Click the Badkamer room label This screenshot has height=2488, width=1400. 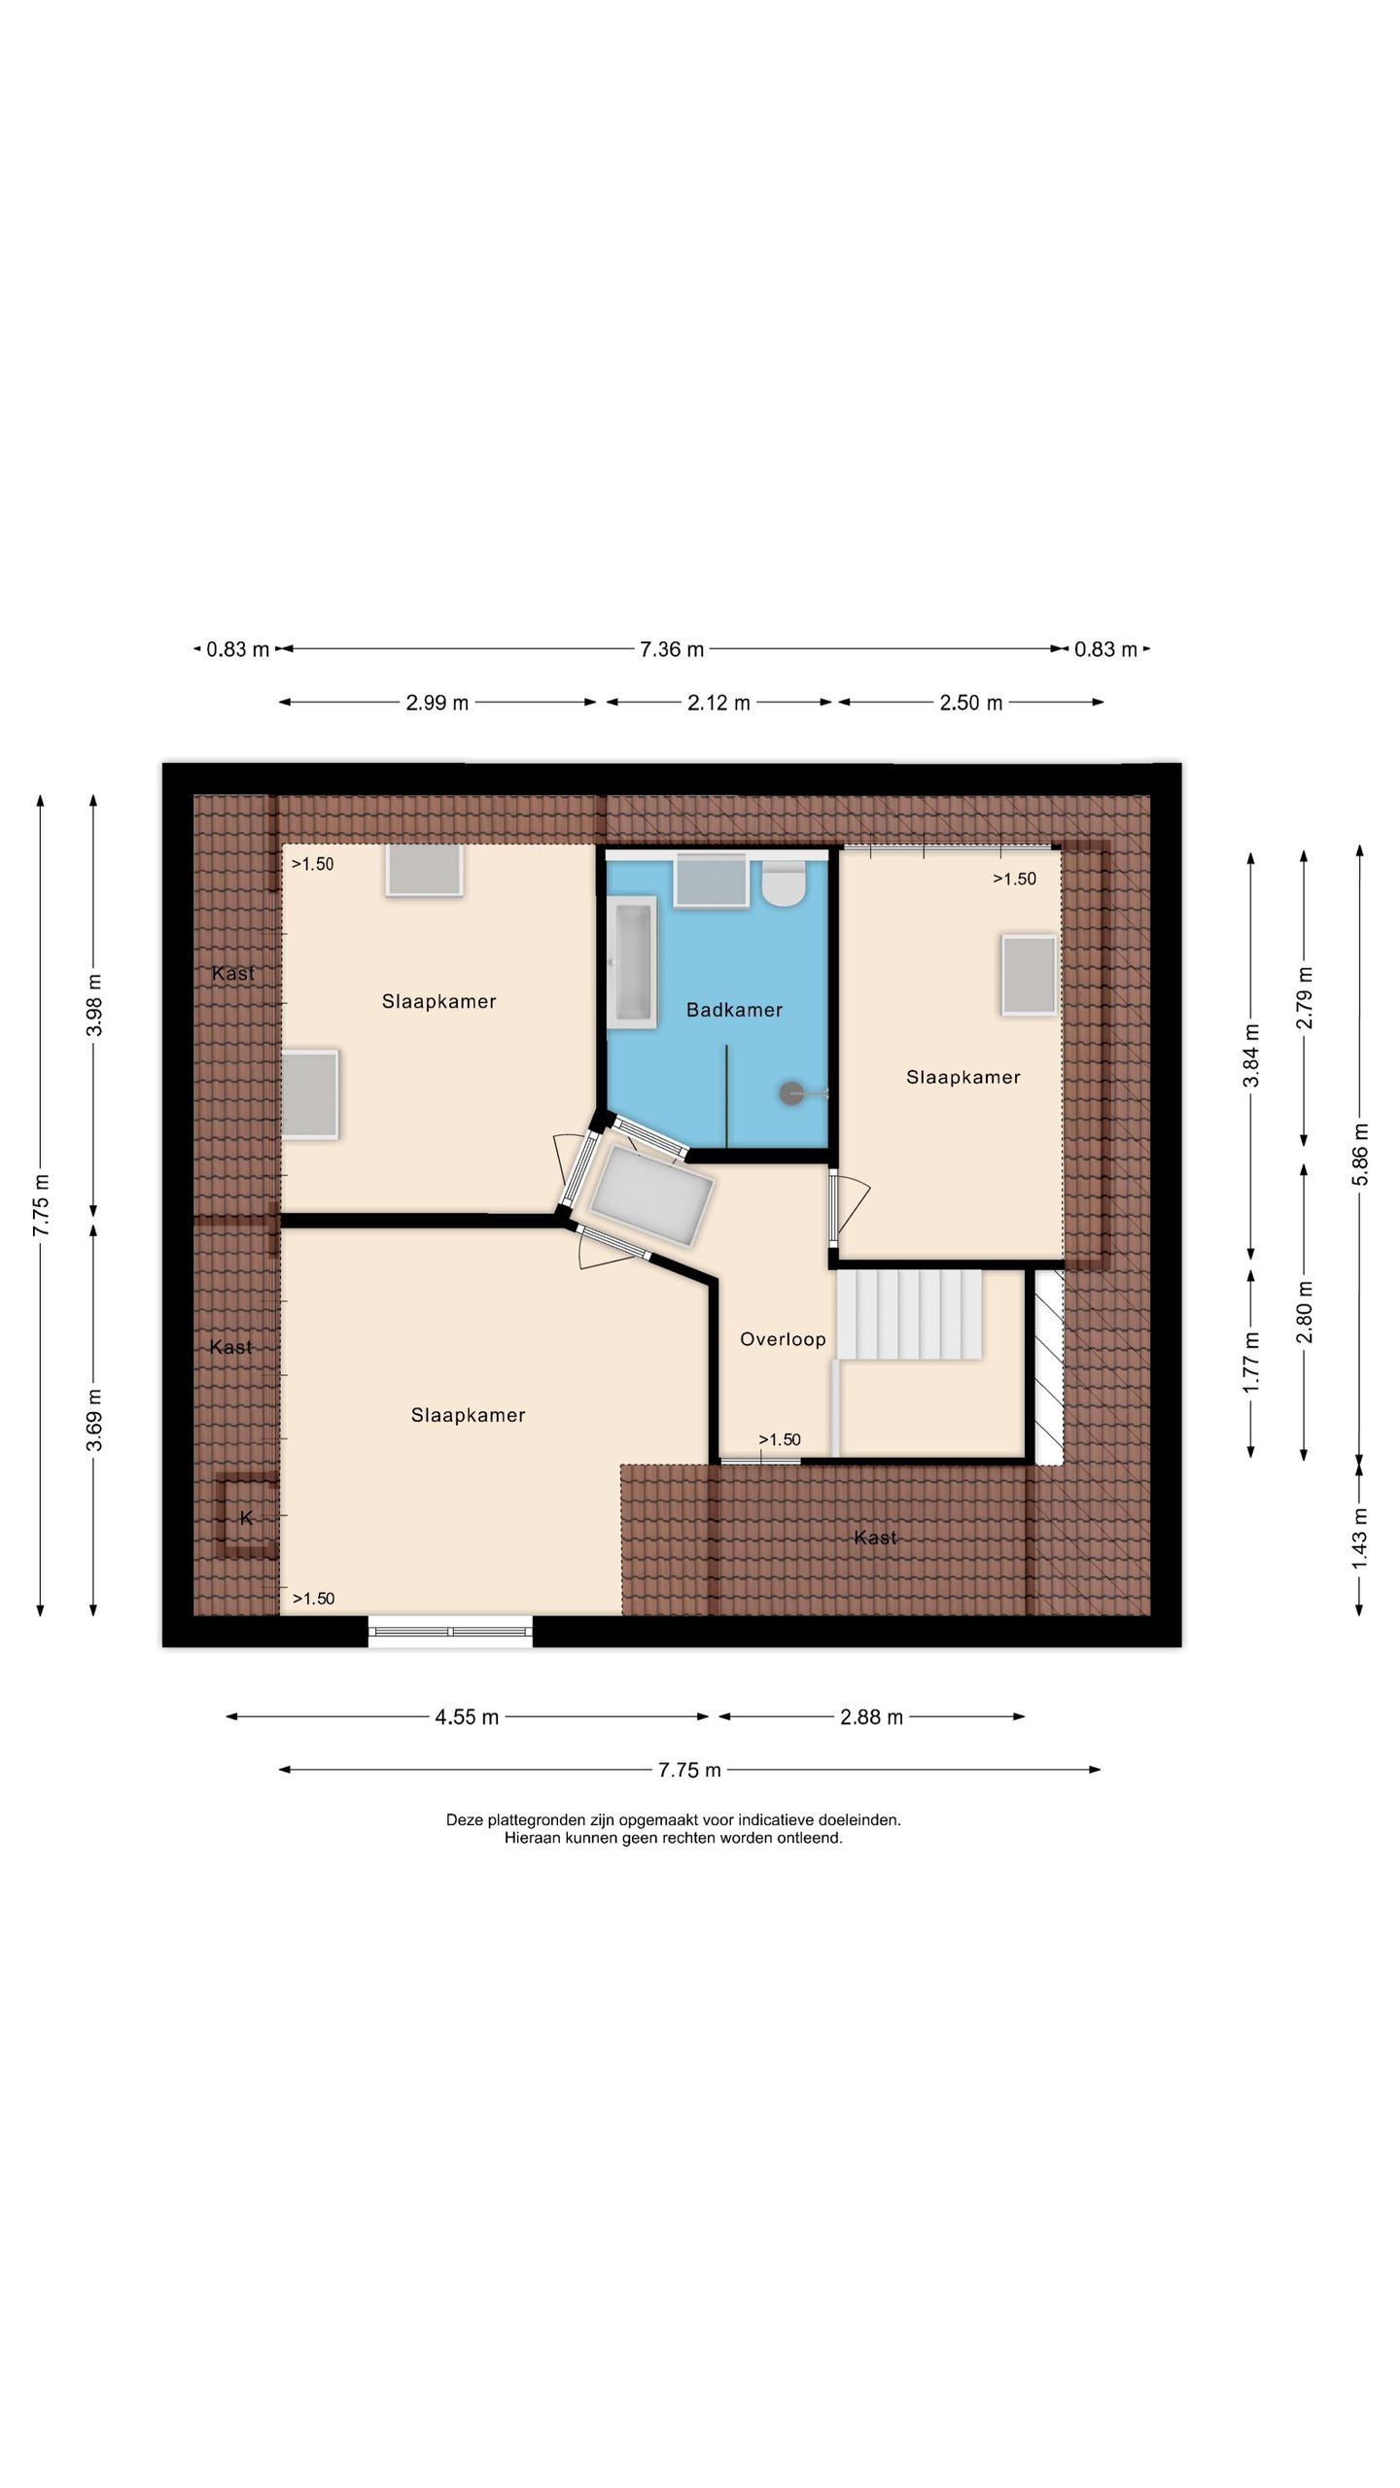(x=734, y=1010)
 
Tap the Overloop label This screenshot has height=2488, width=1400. (x=783, y=1339)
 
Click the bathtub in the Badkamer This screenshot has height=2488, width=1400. (x=632, y=962)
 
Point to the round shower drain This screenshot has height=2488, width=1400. (x=792, y=1093)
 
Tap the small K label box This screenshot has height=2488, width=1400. (x=246, y=1517)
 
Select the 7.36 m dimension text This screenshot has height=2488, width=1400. (x=672, y=649)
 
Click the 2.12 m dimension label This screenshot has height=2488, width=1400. (x=718, y=703)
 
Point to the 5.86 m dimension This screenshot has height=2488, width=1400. (x=1361, y=1154)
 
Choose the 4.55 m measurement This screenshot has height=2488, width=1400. (x=467, y=1717)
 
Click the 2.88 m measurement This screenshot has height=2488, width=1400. (x=871, y=1717)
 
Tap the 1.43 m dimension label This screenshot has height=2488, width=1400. (x=1361, y=1537)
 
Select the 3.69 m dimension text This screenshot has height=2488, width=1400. (x=94, y=1420)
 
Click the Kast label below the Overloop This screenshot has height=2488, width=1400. (x=875, y=1538)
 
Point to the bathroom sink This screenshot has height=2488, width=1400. (x=712, y=881)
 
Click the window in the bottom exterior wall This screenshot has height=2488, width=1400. (x=450, y=1631)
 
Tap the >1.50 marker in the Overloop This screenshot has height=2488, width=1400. (x=780, y=1439)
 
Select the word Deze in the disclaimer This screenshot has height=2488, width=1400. (x=464, y=1819)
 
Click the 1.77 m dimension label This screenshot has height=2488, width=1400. (x=1252, y=1363)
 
